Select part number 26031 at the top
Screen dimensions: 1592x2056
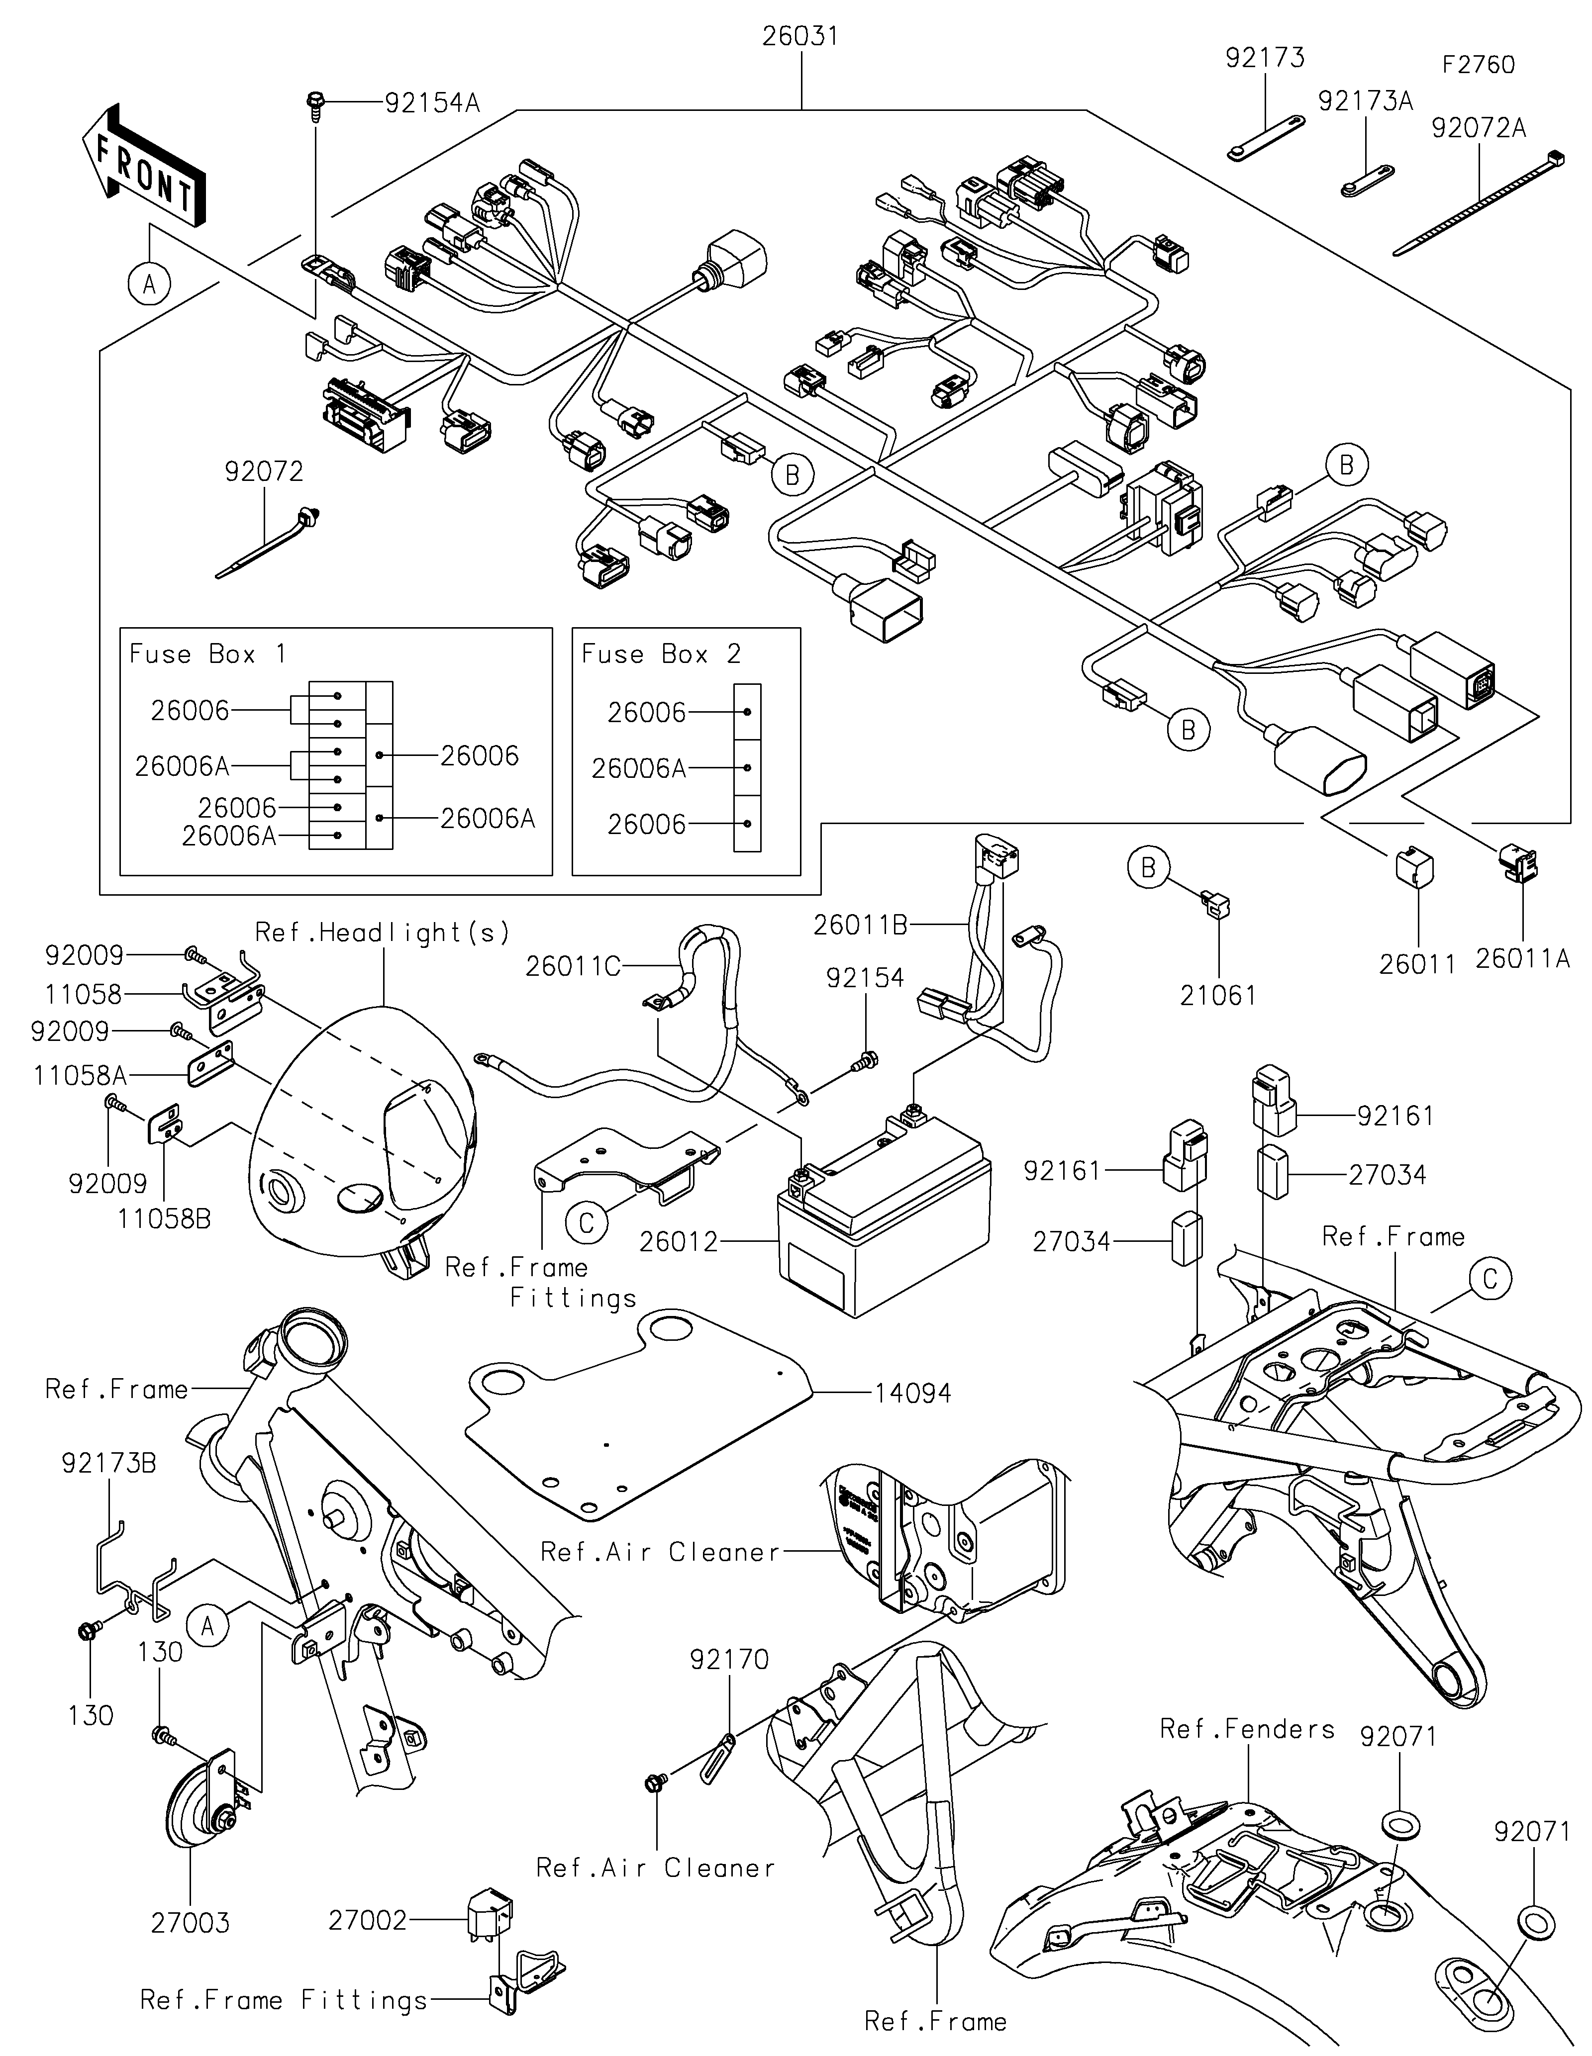tap(800, 37)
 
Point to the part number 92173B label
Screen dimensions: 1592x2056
tap(109, 1463)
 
